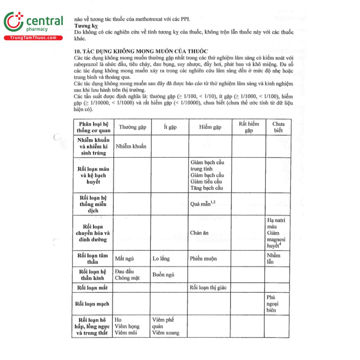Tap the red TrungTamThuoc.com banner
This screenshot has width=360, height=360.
[33, 38]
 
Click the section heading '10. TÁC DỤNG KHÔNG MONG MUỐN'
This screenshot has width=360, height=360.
[141, 51]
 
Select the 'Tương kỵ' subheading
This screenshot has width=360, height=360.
[86, 26]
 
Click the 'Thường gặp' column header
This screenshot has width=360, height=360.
[132, 127]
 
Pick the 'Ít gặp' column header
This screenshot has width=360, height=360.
[170, 127]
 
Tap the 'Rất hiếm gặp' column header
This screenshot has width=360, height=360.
[249, 127]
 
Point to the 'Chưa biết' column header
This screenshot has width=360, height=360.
[278, 127]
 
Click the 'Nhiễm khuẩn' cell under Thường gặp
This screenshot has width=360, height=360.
[131, 146]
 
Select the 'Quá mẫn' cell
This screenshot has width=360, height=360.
[202, 204]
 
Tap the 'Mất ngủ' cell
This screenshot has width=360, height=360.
[124, 259]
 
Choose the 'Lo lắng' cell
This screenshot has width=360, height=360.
[161, 259]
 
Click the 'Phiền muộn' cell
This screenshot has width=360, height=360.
[203, 259]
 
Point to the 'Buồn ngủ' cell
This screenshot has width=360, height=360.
[163, 275]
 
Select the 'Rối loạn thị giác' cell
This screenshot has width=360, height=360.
[208, 288]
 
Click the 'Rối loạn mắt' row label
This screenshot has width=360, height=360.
[92, 288]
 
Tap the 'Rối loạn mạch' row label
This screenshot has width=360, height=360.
[92, 304]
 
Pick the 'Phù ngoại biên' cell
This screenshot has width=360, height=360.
[272, 304]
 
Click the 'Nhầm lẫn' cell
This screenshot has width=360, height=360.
[273, 259]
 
